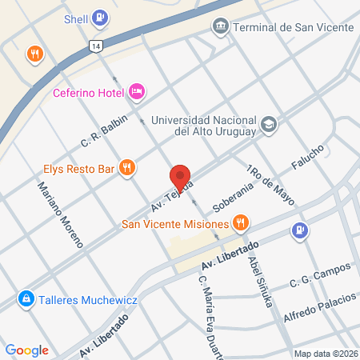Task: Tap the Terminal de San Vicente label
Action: pos(293,28)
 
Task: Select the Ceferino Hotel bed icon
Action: pos(136,92)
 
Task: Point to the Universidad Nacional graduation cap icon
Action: pos(270,124)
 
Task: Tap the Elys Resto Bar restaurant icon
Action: pos(126,168)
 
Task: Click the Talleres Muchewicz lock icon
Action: pos(26,298)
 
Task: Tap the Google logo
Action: pos(26,350)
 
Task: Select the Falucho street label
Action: pos(307,158)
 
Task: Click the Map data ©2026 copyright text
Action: pos(325,353)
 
